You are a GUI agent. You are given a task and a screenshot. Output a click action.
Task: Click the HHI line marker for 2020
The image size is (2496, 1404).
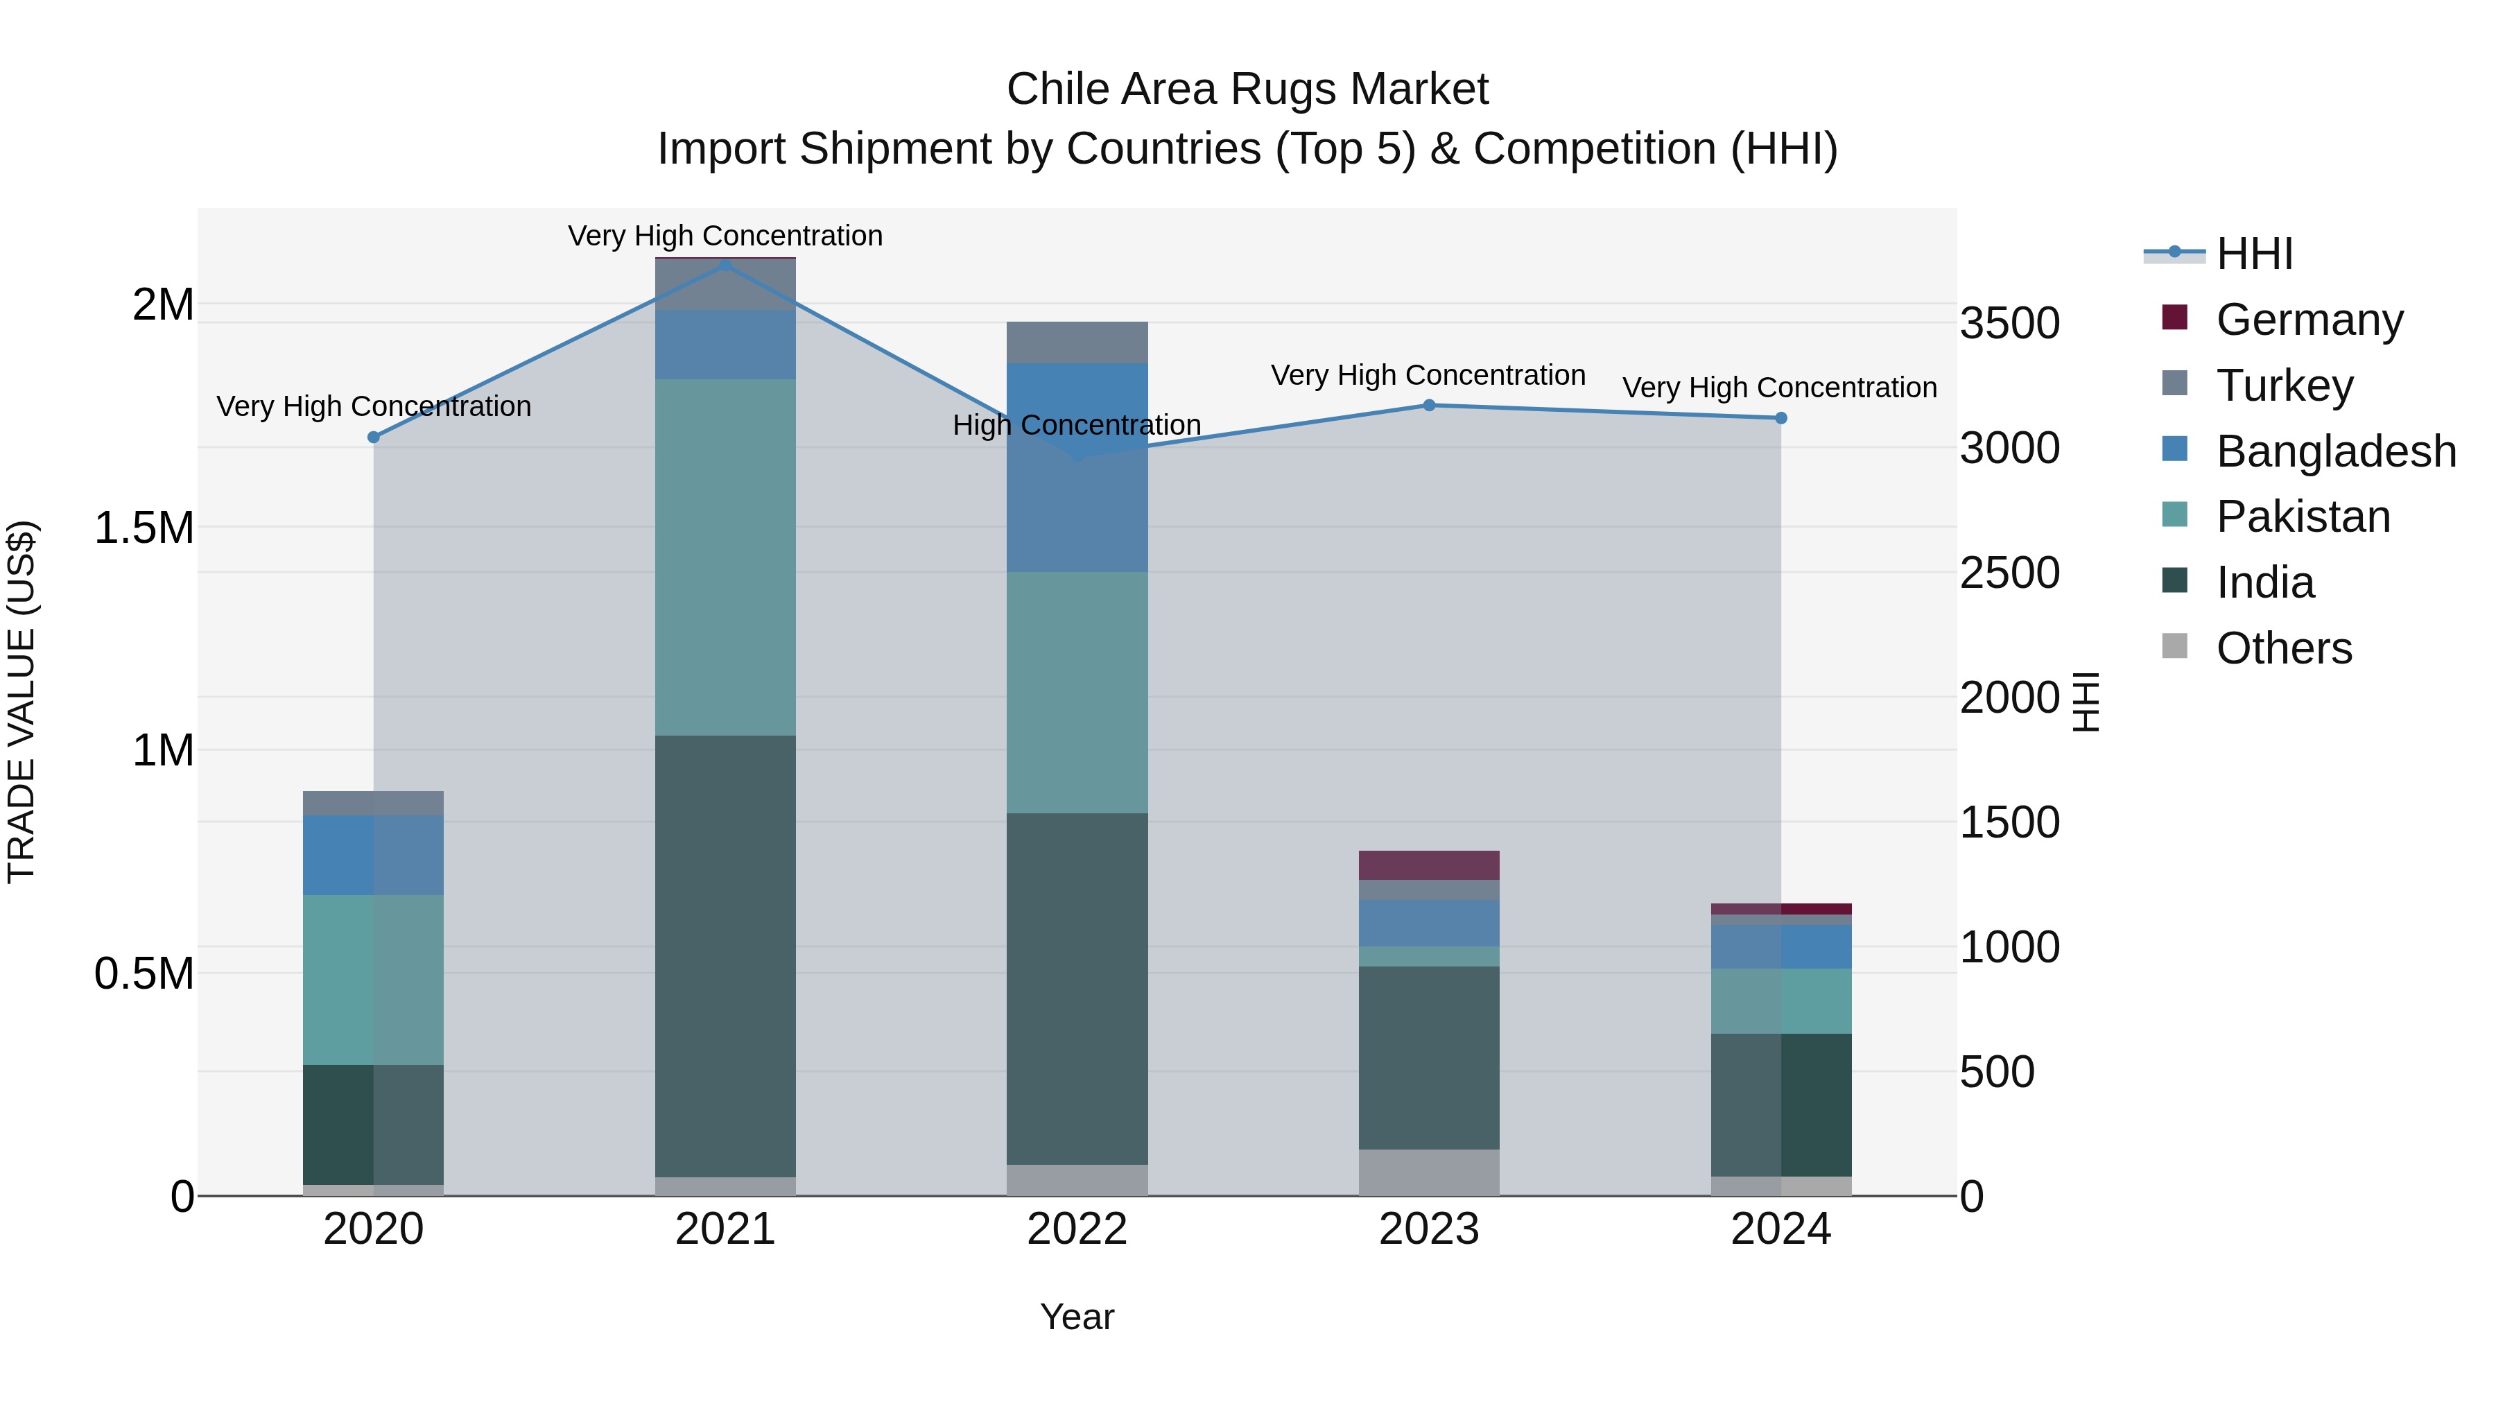[x=374, y=437]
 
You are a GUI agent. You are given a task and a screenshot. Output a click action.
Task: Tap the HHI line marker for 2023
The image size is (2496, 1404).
[x=1428, y=405]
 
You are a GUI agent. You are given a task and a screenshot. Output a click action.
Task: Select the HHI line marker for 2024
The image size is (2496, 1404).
[x=1781, y=417]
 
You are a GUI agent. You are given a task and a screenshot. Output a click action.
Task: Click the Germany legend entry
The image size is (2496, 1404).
[x=2309, y=319]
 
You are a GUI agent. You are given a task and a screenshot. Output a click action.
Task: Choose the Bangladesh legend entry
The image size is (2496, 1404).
[x=2335, y=451]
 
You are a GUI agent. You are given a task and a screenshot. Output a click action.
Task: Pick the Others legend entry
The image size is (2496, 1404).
[x=2283, y=648]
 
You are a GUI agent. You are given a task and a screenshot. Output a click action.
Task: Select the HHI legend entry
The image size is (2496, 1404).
[x=2254, y=254]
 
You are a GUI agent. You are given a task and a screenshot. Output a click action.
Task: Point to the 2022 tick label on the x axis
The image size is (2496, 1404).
[x=1077, y=1229]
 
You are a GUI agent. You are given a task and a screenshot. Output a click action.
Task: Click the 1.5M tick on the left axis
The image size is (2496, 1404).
[x=144, y=528]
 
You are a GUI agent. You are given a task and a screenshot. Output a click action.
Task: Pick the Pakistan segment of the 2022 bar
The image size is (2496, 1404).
[x=1077, y=692]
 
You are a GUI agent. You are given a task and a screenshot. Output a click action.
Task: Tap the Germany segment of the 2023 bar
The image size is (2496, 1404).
[x=1428, y=865]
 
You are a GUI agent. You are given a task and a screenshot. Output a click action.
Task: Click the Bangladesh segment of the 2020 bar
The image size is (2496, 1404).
[x=374, y=855]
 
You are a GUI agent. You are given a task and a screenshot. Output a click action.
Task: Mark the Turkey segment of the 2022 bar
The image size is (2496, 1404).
[x=1077, y=342]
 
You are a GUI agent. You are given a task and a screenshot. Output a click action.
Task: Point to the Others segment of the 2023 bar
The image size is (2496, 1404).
[x=1428, y=1172]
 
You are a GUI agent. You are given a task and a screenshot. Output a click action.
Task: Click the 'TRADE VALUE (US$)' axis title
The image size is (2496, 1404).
[x=21, y=702]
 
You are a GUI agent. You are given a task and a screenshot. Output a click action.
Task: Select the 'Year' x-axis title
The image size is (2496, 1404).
[x=1077, y=1317]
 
